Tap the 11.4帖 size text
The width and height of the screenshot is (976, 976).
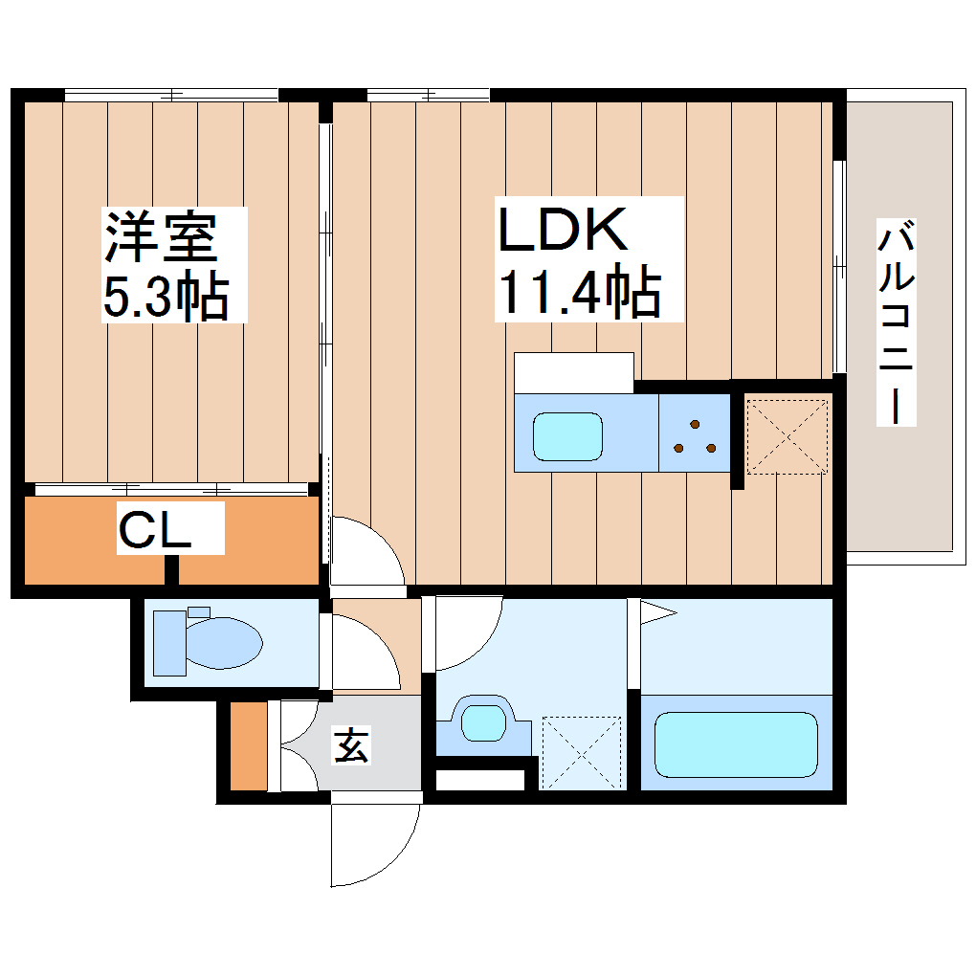(578, 292)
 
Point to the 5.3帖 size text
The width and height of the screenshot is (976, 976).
(165, 297)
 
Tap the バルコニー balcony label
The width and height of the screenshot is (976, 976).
(897, 322)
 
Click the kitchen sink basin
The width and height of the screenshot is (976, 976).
(566, 436)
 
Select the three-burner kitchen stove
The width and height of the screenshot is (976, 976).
(695, 436)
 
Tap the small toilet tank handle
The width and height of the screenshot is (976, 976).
(198, 611)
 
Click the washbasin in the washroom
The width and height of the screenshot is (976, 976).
(483, 721)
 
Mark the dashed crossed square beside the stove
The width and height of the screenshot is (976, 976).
(786, 435)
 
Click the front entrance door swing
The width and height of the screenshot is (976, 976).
(373, 842)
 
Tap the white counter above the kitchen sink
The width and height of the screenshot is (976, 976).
(573, 372)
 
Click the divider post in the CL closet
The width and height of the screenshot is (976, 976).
(172, 569)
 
